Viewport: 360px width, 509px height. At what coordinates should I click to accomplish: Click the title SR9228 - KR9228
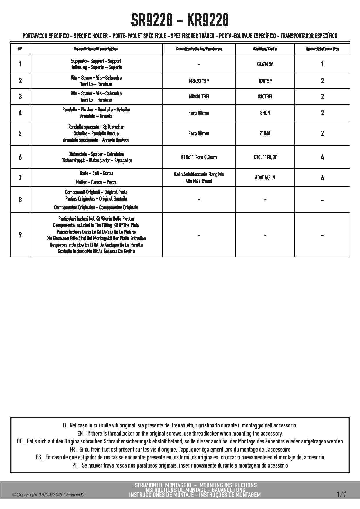tap(180, 20)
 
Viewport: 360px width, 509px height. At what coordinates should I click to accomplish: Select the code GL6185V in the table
tap(265, 64)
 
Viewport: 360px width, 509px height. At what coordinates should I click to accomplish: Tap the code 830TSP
tap(265, 81)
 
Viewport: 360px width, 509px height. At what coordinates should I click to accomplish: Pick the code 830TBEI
tap(265, 96)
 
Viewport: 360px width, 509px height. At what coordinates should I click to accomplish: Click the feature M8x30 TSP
tap(199, 81)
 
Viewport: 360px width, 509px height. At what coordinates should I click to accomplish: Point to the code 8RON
tap(265, 113)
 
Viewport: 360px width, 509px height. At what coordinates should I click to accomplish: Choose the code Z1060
tap(265, 133)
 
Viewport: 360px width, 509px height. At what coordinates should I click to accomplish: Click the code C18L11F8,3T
tap(265, 157)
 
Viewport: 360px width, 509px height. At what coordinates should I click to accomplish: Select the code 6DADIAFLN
tap(265, 178)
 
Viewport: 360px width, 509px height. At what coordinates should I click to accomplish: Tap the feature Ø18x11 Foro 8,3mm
tap(199, 157)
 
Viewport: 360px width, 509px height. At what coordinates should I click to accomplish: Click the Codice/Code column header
tap(265, 49)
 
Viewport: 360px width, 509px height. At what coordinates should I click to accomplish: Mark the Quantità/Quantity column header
tap(322, 49)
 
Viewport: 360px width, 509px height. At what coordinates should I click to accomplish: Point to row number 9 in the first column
tap(20, 235)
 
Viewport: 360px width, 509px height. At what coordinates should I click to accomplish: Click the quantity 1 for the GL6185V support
tap(322, 64)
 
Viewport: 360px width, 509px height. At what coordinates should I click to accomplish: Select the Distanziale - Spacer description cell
tap(96, 157)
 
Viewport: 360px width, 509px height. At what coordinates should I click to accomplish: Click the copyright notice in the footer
tap(48, 495)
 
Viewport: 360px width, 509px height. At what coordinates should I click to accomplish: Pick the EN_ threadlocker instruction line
tap(180, 434)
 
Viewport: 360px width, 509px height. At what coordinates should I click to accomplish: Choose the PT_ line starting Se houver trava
tap(180, 465)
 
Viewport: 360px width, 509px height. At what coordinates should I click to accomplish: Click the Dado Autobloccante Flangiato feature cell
tap(199, 178)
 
